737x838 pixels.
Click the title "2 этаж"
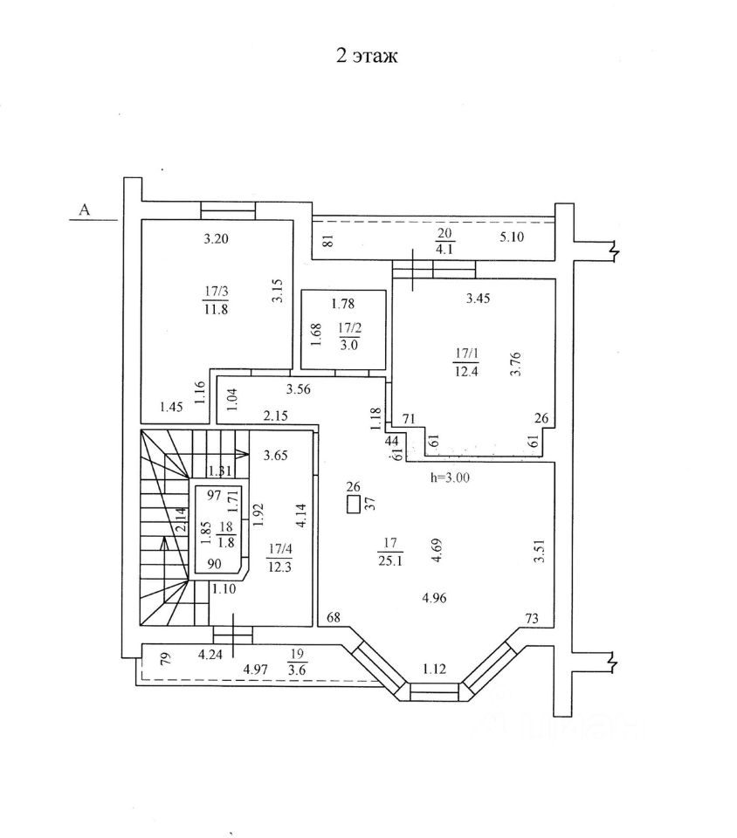(x=367, y=56)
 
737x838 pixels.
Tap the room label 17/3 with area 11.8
(x=216, y=299)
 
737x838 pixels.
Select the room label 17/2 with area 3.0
(x=349, y=336)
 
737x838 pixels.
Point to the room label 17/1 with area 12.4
(x=466, y=362)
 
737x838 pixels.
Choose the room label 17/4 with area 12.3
(x=279, y=558)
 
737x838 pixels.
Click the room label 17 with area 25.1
(x=390, y=552)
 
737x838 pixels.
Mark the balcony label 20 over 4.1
(x=444, y=241)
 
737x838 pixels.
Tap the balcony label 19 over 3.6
(x=297, y=662)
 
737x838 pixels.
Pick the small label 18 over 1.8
(x=226, y=534)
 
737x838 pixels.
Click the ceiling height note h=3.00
(x=450, y=477)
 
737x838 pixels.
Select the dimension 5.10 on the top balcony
(x=512, y=237)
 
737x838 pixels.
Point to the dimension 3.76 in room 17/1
(x=515, y=363)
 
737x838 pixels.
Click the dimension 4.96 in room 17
(x=434, y=597)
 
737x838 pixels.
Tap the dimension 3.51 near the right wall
(x=540, y=551)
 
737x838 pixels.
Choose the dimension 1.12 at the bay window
(x=434, y=669)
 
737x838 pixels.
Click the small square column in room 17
(x=354, y=505)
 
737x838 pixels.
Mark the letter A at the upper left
(x=85, y=209)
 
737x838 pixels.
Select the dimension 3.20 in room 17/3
(x=216, y=238)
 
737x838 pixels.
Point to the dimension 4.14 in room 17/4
(x=301, y=516)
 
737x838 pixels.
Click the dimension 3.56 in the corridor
(x=298, y=389)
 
